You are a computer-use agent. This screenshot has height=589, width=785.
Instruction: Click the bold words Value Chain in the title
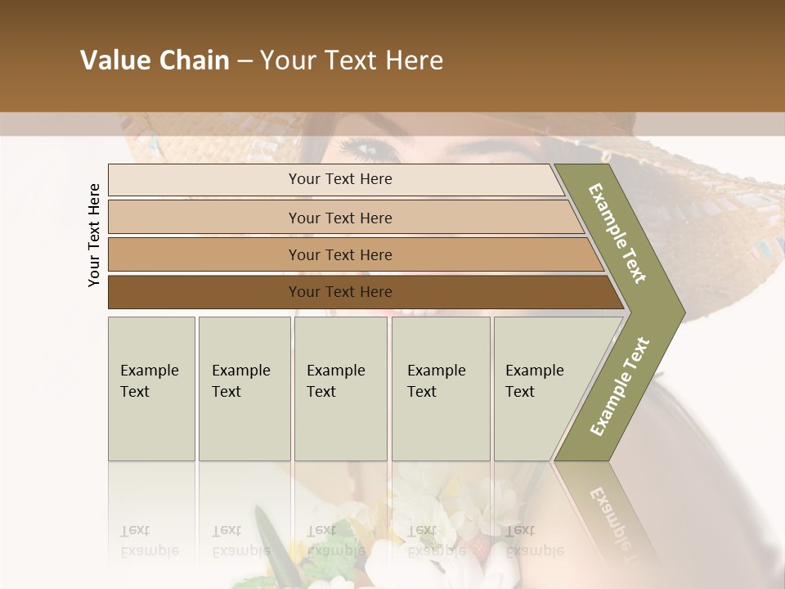tap(155, 61)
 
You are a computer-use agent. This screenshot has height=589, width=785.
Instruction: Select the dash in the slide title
tap(244, 61)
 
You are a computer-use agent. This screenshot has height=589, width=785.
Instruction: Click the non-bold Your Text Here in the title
tap(352, 61)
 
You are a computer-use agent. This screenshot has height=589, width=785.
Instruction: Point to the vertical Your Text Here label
tap(94, 236)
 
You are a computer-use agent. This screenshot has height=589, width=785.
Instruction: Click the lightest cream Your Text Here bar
tap(340, 179)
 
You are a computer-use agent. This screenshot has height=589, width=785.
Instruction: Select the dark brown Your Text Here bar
tap(340, 292)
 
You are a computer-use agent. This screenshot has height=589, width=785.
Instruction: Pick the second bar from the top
tap(340, 218)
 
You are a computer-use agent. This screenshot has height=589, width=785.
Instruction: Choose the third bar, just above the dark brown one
tap(340, 254)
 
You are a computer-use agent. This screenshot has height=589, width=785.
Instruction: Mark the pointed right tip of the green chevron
tap(680, 312)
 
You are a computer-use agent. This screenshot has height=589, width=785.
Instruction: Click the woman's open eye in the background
tap(363, 148)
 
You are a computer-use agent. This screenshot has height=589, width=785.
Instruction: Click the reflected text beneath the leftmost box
tap(148, 540)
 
